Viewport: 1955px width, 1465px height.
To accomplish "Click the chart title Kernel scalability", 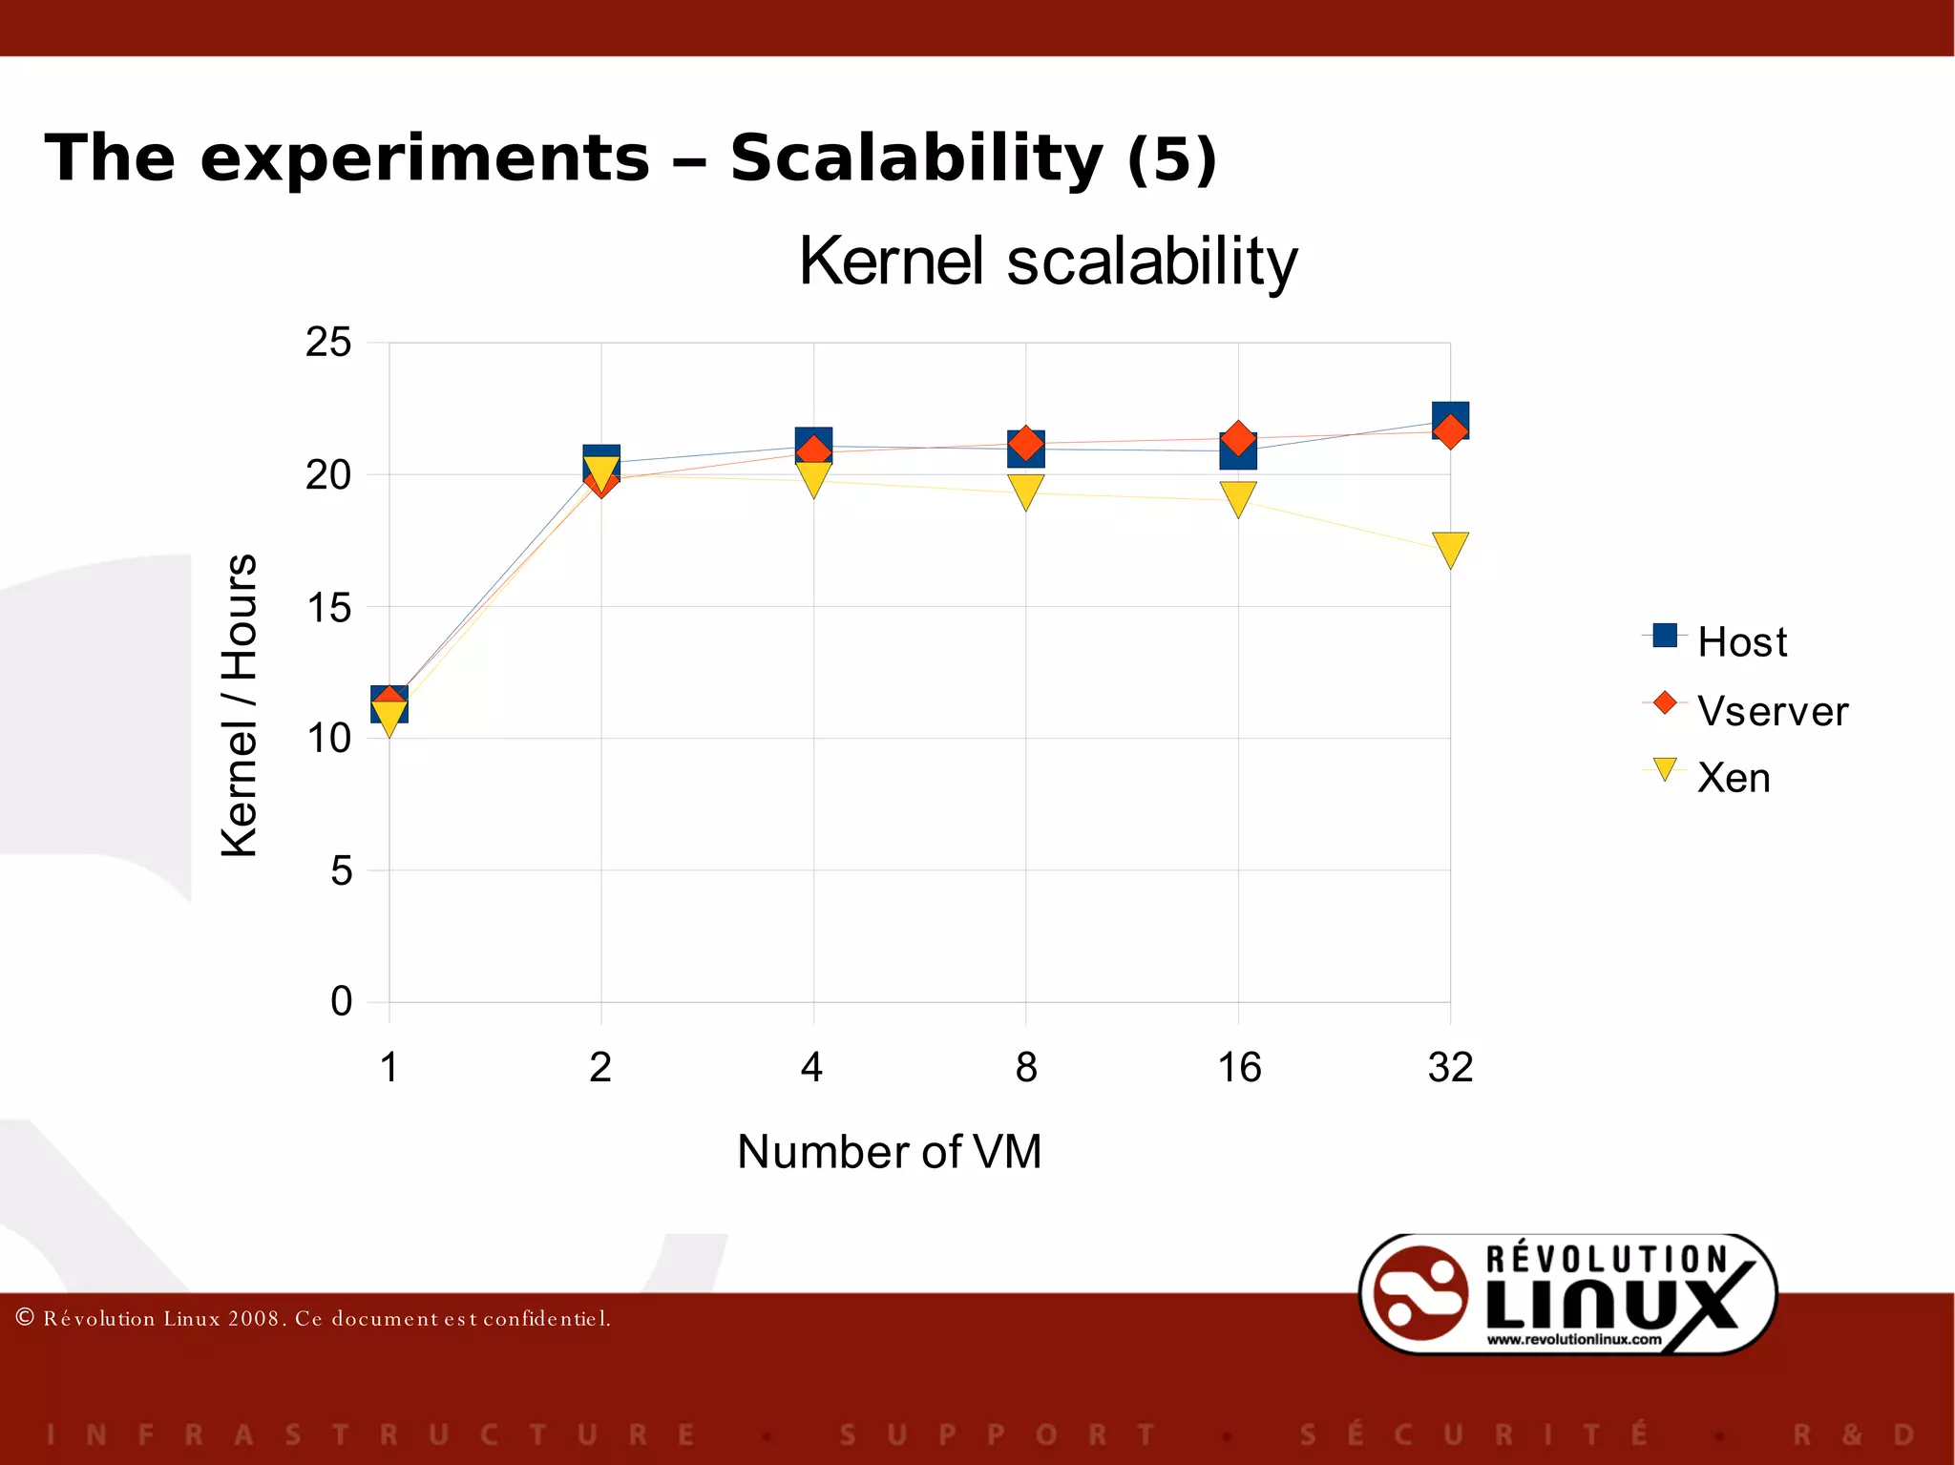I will [x=1047, y=262].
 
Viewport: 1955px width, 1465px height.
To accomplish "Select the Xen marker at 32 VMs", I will [x=1450, y=548].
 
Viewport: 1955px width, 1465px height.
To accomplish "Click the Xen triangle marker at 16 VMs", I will [x=1238, y=497].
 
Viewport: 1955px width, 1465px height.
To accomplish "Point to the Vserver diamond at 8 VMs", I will [x=1025, y=444].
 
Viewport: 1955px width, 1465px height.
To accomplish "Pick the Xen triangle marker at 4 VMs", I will [x=813, y=477].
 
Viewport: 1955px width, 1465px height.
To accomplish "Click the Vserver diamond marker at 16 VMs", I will [x=1238, y=439].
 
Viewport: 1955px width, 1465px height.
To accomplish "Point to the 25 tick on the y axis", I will [x=328, y=343].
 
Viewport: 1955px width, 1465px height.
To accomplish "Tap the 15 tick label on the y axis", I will [x=328, y=608].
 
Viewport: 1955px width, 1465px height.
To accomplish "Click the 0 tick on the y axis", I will [x=341, y=1001].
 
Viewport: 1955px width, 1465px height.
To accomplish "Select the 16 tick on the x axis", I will [x=1239, y=1067].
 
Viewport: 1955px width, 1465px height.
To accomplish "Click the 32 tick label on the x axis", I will [x=1450, y=1067].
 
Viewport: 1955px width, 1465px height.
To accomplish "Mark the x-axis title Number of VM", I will [x=889, y=1151].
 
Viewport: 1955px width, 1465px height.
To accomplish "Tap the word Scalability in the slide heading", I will [x=916, y=158].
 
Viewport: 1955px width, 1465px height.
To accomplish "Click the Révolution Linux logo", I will [x=1567, y=1295].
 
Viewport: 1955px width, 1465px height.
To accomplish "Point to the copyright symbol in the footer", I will [x=26, y=1318].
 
